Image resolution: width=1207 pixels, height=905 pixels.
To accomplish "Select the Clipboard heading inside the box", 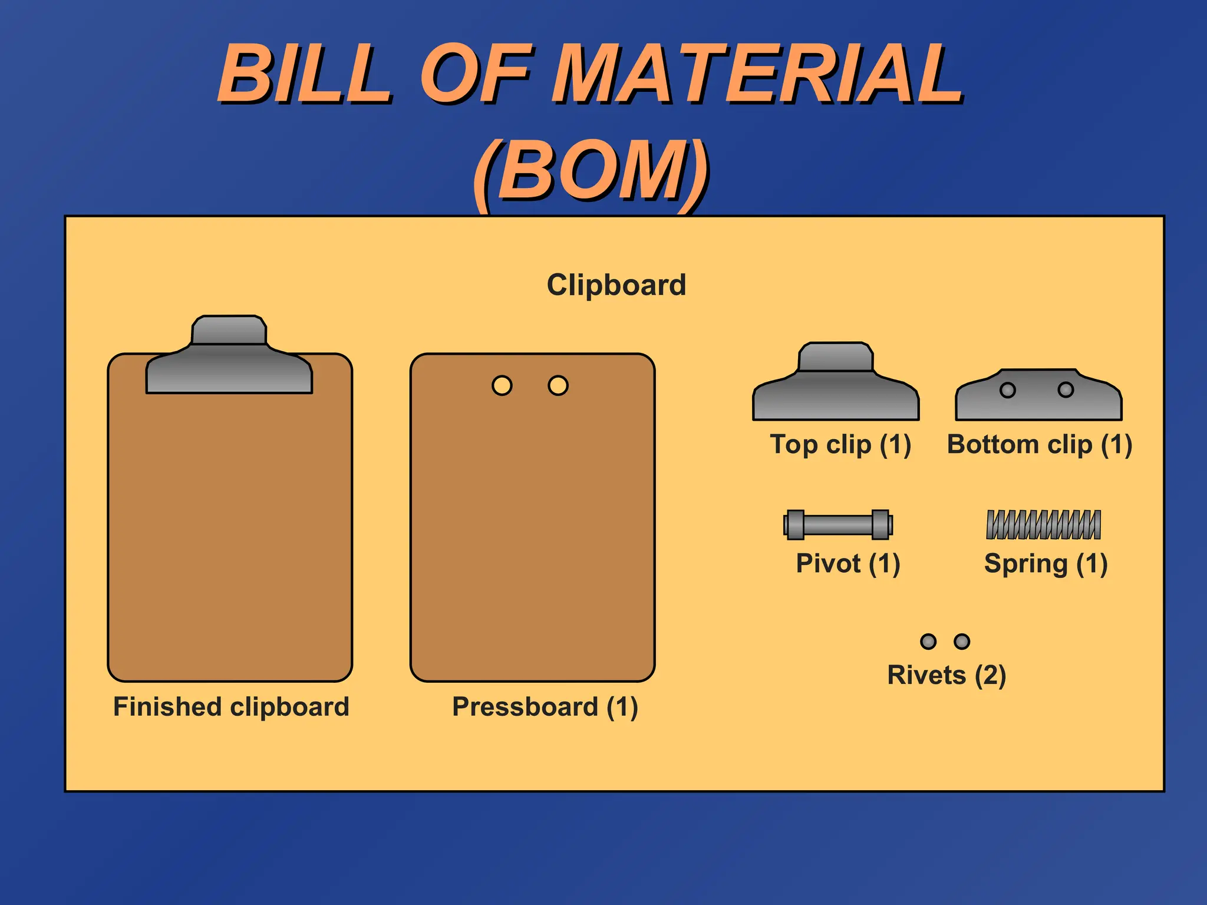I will click(616, 285).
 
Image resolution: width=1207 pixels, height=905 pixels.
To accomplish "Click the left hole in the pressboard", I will click(502, 386).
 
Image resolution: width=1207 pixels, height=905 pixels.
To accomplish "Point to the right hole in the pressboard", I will click(558, 386).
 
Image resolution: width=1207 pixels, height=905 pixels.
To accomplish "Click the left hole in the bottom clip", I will click(1008, 390).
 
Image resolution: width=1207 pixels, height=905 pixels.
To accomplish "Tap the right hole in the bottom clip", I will click(1066, 389).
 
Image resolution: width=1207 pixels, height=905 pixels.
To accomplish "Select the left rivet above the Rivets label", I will click(928, 641).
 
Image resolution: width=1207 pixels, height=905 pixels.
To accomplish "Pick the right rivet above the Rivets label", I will click(962, 641).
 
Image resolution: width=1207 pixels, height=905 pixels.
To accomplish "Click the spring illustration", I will click(1043, 524).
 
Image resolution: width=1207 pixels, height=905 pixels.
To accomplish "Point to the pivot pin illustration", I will click(838, 524).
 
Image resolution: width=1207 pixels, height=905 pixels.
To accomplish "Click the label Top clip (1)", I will click(840, 444).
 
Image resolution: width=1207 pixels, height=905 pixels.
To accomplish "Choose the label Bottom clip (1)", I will click(1039, 444).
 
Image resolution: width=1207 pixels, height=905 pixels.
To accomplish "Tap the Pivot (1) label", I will click(847, 563).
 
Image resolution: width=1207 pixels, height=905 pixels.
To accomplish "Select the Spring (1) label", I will click(1046, 563).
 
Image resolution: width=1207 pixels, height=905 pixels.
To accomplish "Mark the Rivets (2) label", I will click(947, 675).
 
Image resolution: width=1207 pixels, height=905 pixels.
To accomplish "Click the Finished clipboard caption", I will click(231, 706).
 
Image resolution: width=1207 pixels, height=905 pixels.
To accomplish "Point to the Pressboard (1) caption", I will click(545, 706).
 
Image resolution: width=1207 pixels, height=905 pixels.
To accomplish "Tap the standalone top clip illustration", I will click(836, 389).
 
